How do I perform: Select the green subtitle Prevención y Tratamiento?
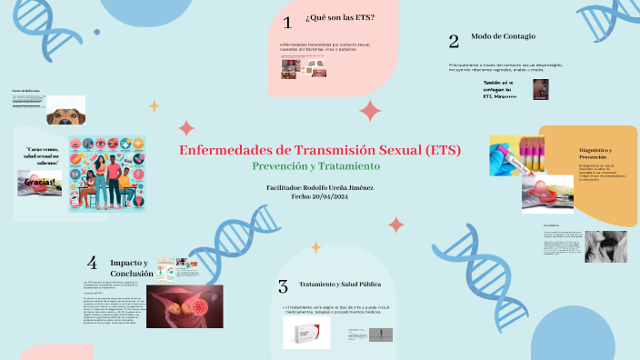[315, 166]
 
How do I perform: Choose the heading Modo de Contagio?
[503, 36]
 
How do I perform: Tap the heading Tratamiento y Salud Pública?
[341, 285]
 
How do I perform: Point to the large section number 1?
[287, 23]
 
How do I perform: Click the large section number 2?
[454, 41]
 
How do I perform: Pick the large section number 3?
[283, 286]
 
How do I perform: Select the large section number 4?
[92, 263]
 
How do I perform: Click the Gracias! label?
[40, 182]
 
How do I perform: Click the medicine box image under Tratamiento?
[305, 335]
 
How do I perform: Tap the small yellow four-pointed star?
[154, 105]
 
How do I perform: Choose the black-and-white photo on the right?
[605, 246]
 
